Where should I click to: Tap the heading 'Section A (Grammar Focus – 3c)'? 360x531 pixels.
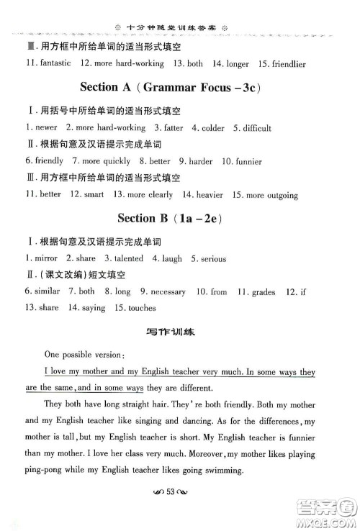(179, 88)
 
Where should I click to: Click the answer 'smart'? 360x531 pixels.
(94, 194)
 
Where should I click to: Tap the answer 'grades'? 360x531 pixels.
(272, 291)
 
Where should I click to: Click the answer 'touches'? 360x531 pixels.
(141, 308)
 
